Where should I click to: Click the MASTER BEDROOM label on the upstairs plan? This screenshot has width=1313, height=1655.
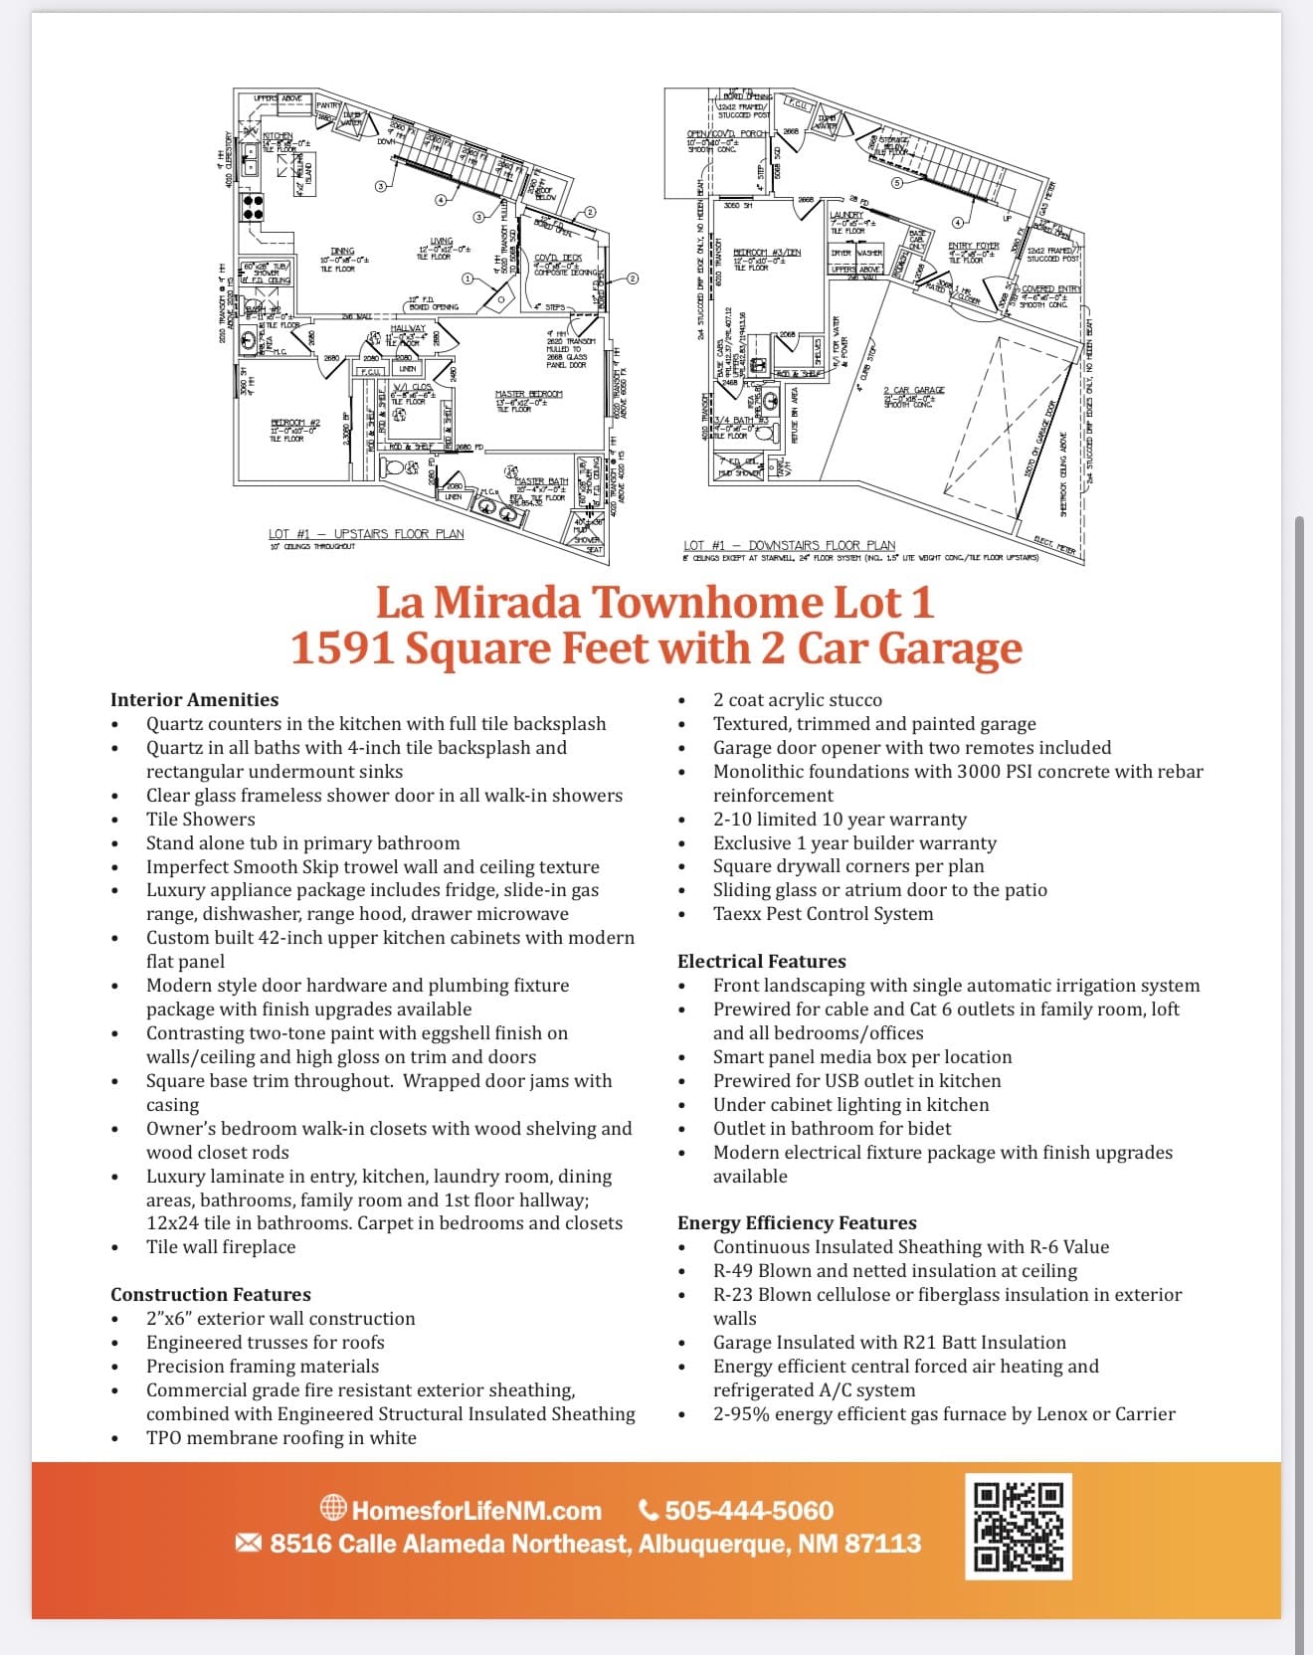click(528, 395)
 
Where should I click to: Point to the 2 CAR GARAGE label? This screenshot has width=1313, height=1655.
click(913, 391)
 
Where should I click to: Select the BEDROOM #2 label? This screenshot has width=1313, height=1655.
click(294, 424)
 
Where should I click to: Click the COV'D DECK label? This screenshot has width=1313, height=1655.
click(558, 259)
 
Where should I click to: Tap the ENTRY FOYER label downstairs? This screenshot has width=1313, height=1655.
click(973, 246)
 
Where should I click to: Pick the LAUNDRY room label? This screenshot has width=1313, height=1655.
click(846, 216)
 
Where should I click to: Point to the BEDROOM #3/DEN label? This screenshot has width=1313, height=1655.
click(766, 253)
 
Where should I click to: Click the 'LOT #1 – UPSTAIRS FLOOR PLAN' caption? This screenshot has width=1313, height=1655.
click(366, 534)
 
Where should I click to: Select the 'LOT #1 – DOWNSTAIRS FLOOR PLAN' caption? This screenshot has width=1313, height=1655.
click(789, 545)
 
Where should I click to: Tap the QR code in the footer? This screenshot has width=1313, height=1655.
click(1019, 1526)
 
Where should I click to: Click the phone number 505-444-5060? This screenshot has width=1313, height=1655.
click(748, 1511)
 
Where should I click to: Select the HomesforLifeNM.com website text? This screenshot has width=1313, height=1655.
click(475, 1511)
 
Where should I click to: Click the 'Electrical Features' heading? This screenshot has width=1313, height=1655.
click(761, 961)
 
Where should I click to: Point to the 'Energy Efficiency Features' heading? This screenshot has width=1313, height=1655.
click(797, 1222)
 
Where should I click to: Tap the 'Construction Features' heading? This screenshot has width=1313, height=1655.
click(210, 1294)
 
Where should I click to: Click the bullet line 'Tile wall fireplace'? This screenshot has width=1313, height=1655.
click(221, 1246)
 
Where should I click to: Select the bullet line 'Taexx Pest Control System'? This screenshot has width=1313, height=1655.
click(823, 913)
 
